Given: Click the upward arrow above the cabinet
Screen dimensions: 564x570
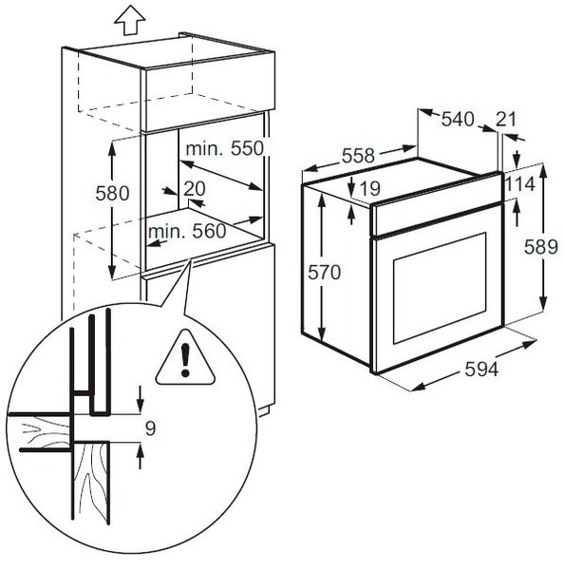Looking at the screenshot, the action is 130,22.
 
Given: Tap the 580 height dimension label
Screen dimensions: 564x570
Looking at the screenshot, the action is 112,193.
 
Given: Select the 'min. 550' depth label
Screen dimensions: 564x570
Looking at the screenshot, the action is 225,148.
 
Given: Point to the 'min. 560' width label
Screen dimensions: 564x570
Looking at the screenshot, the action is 187,231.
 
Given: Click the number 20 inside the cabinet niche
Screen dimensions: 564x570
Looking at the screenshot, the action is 195,188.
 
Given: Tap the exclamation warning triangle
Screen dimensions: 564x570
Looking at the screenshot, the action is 185,357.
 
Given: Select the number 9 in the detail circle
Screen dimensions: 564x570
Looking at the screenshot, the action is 150,427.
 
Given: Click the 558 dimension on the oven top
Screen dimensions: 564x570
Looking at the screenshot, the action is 358,156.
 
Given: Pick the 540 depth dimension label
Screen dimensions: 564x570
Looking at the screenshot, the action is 458,119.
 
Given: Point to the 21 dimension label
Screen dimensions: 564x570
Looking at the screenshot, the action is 506,119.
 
